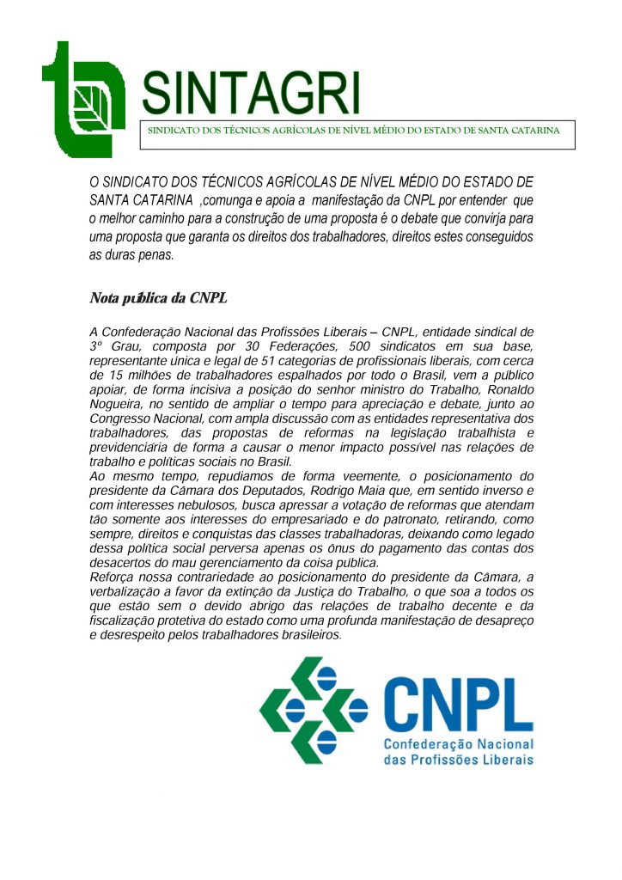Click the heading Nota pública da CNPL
pyautogui.click(x=157, y=298)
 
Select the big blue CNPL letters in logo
pyautogui.click(x=458, y=702)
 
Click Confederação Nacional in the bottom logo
pyautogui.click(x=458, y=744)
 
